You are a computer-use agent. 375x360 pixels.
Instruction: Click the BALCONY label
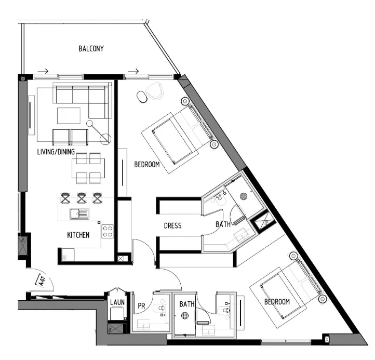(91, 49)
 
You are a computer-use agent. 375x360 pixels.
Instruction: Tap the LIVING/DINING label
(56, 152)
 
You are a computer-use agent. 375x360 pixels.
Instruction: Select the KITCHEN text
(78, 235)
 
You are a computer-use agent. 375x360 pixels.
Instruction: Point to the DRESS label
(172, 226)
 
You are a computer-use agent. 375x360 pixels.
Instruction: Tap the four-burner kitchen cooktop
(108, 231)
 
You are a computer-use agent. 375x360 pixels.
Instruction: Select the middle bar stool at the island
(82, 197)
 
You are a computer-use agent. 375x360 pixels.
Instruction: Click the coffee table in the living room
(69, 115)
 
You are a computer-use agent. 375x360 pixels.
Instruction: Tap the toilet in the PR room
(163, 308)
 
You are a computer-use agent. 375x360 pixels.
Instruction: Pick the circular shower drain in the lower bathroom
(185, 315)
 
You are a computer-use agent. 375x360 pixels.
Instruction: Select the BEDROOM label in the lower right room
(277, 302)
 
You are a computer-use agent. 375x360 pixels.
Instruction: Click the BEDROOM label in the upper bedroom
(147, 165)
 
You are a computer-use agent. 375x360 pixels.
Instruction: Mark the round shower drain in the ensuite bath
(244, 197)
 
